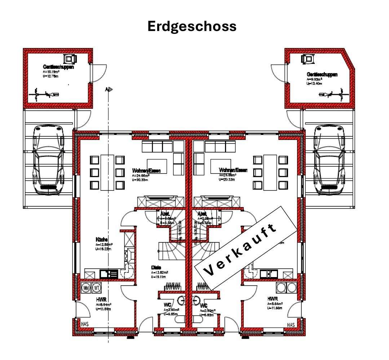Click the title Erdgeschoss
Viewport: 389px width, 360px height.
click(x=192, y=27)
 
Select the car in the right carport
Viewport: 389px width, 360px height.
click(x=329, y=160)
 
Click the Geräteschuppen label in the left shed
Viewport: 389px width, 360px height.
click(x=58, y=67)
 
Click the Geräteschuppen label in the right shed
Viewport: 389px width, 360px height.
click(x=322, y=75)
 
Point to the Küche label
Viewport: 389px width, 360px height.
click(x=102, y=240)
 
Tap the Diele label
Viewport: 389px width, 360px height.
click(x=156, y=267)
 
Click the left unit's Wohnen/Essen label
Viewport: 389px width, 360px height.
click(x=146, y=170)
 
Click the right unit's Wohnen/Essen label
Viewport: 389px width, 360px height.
click(x=233, y=170)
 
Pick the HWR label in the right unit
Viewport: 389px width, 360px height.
click(x=273, y=299)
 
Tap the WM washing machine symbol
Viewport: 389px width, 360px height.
click(x=86, y=288)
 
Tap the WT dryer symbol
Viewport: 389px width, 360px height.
click(x=96, y=288)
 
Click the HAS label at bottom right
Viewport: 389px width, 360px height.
click(x=291, y=325)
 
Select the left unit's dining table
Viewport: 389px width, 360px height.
click(x=107, y=172)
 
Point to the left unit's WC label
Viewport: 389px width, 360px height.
click(x=167, y=305)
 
